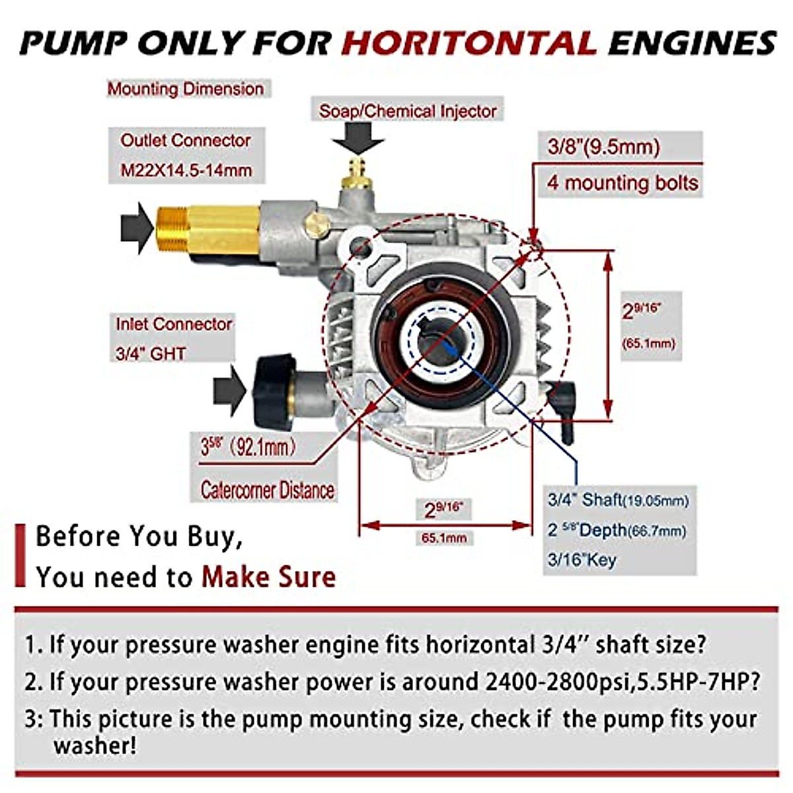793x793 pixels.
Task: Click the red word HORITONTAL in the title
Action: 469,44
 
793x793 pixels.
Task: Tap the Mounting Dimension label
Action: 186,89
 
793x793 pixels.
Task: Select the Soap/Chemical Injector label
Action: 408,111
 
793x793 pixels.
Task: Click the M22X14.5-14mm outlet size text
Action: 186,170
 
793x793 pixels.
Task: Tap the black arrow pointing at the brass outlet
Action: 137,227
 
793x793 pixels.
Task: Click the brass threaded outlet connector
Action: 206,229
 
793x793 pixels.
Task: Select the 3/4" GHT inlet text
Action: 151,354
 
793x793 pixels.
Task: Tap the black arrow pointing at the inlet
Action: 229,391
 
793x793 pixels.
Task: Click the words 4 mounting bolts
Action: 622,182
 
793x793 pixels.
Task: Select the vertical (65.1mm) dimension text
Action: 649,344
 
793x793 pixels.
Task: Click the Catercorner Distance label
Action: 267,490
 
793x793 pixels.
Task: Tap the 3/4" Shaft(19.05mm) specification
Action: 618,500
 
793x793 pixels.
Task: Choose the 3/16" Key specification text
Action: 582,560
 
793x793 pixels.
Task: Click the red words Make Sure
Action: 268,577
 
